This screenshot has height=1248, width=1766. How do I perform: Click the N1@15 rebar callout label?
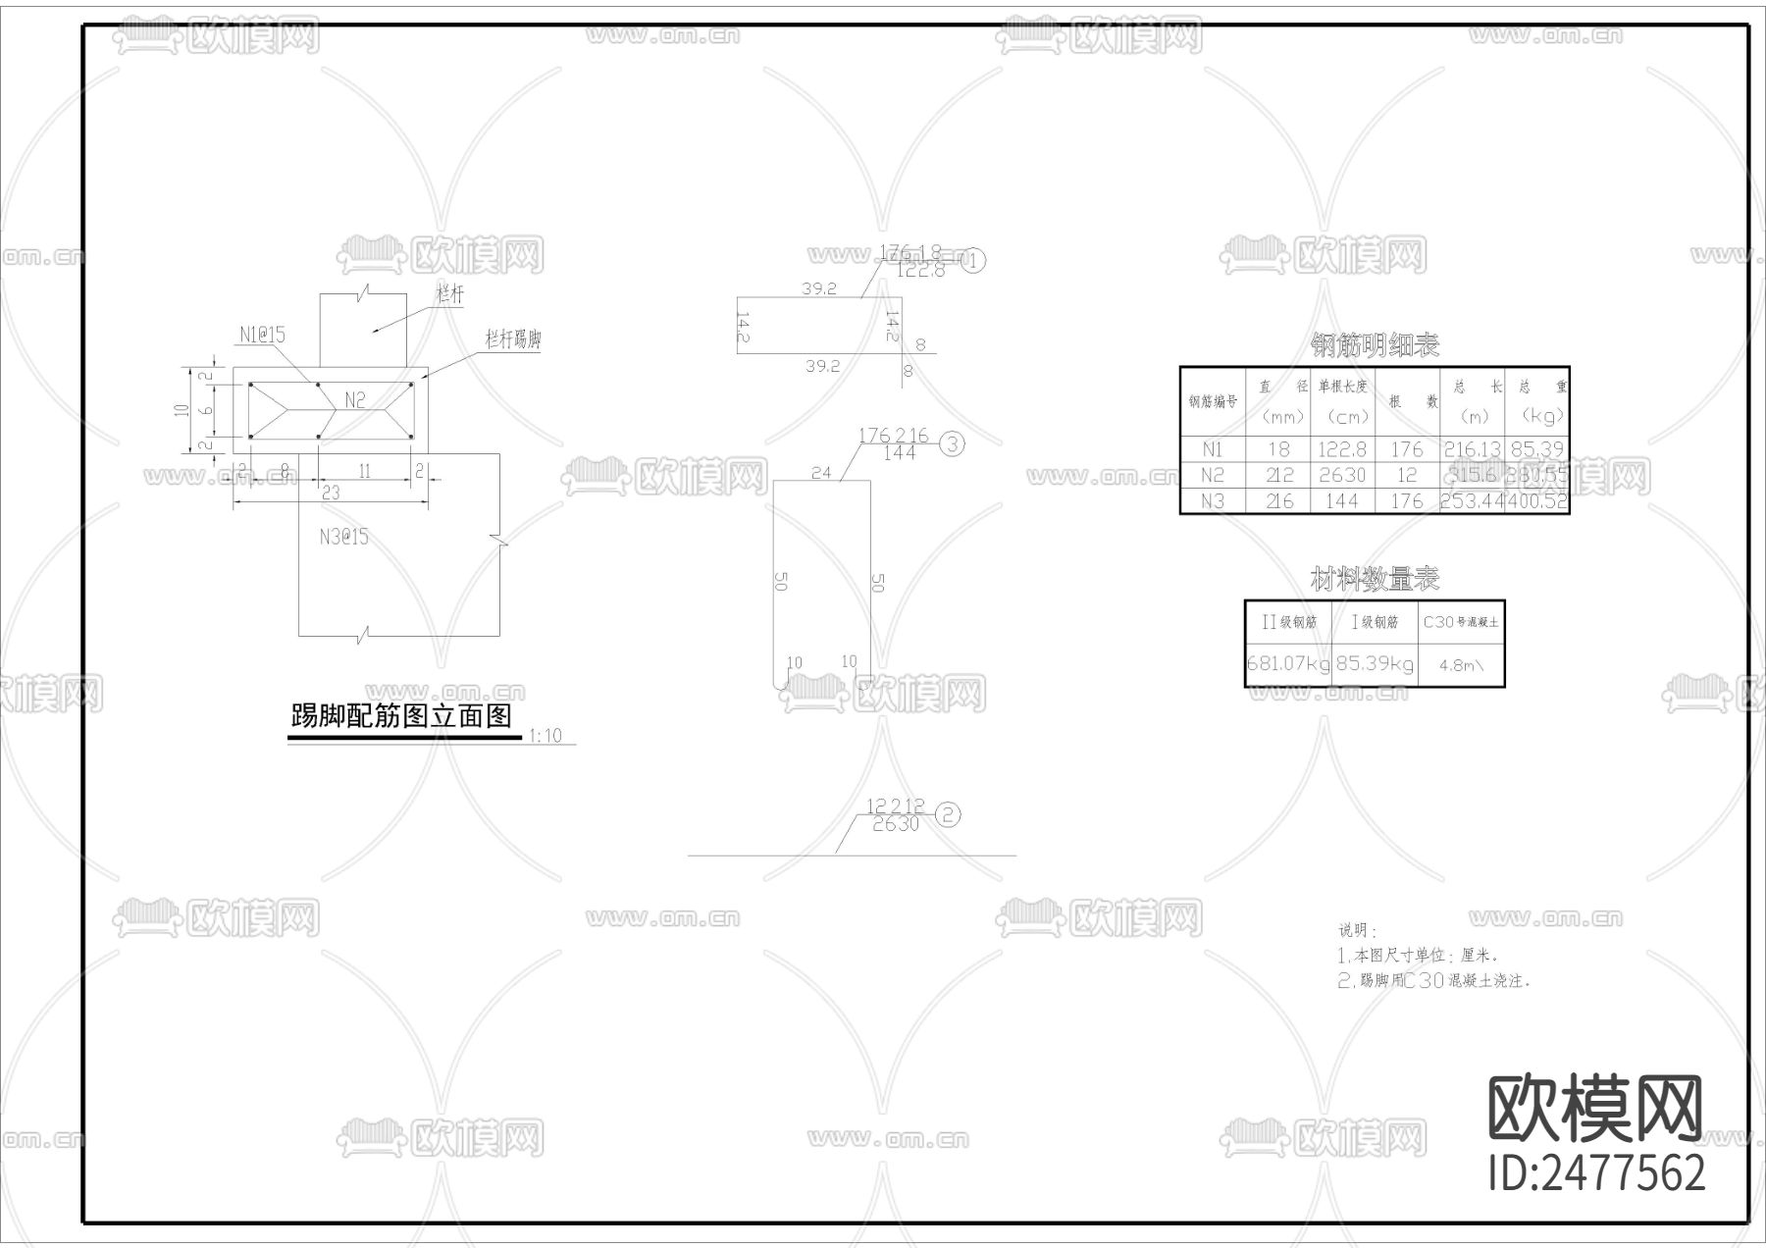pyautogui.click(x=262, y=336)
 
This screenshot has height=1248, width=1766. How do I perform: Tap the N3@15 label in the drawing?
pyautogui.click(x=343, y=537)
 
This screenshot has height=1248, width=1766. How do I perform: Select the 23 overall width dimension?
pyautogui.click(x=331, y=493)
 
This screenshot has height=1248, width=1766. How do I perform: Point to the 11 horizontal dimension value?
pyautogui.click(x=364, y=472)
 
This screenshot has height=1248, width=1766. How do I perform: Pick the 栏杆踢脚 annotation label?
pyautogui.click(x=513, y=339)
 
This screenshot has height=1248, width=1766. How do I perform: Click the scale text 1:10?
pyautogui.click(x=545, y=735)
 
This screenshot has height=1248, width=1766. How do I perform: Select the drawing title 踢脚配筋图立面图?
pyautogui.click(x=401, y=716)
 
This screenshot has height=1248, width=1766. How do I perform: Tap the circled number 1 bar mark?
pyautogui.click(x=973, y=261)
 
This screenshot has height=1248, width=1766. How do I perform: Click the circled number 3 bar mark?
pyautogui.click(x=952, y=444)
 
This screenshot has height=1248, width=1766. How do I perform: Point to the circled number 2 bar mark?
pyautogui.click(x=948, y=813)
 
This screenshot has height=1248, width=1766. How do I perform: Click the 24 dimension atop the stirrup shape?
pyautogui.click(x=821, y=473)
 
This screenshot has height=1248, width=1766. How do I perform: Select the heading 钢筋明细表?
pyautogui.click(x=1375, y=345)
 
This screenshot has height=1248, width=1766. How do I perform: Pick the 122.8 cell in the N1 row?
pyautogui.click(x=1341, y=449)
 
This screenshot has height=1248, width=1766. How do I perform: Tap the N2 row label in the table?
pyautogui.click(x=1213, y=476)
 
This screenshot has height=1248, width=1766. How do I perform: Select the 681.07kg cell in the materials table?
pyautogui.click(x=1288, y=663)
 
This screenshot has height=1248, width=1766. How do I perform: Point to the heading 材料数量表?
pyautogui.click(x=1375, y=579)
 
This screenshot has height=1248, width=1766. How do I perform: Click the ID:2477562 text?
pyautogui.click(x=1596, y=1173)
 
